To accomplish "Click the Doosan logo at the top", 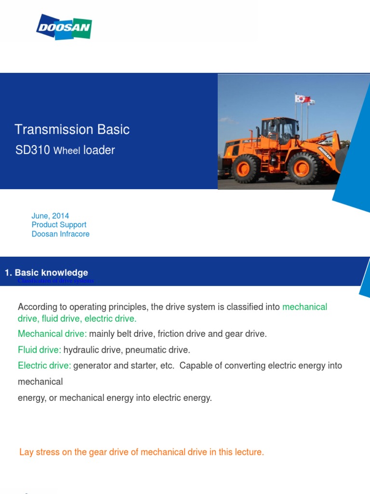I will pyautogui.click(x=64, y=27).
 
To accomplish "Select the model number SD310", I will pyautogui.click(x=33, y=150).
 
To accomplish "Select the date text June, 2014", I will pyautogui.click(x=50, y=216).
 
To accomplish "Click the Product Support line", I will pyautogui.click(x=59, y=225).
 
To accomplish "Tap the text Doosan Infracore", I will pyautogui.click(x=60, y=234).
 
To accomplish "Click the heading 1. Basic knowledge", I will pyautogui.click(x=46, y=273).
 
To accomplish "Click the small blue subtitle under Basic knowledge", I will pyautogui.click(x=55, y=281).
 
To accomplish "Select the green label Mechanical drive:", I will pyautogui.click(x=52, y=333).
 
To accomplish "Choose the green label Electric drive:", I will pyautogui.click(x=44, y=365).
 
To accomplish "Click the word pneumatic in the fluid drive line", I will pyautogui.click(x=145, y=349).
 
